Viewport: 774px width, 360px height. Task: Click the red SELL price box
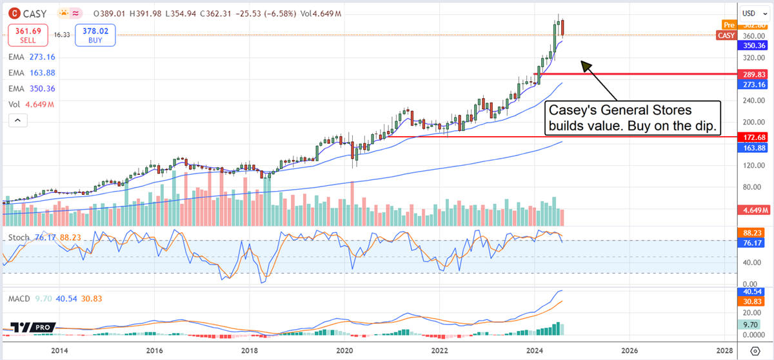click(x=27, y=34)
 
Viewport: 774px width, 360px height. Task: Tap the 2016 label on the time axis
click(x=154, y=350)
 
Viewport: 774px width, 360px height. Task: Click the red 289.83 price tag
click(x=752, y=74)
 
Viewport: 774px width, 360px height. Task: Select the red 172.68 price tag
click(x=752, y=137)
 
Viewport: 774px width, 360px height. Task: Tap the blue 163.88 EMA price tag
click(x=752, y=148)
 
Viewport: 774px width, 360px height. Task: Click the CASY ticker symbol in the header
click(x=32, y=13)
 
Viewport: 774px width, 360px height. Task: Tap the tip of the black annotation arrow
click(x=582, y=61)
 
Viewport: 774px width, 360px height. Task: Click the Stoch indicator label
click(x=18, y=238)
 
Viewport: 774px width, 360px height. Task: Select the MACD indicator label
click(x=20, y=299)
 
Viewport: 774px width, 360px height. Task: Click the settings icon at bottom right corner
click(x=756, y=350)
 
